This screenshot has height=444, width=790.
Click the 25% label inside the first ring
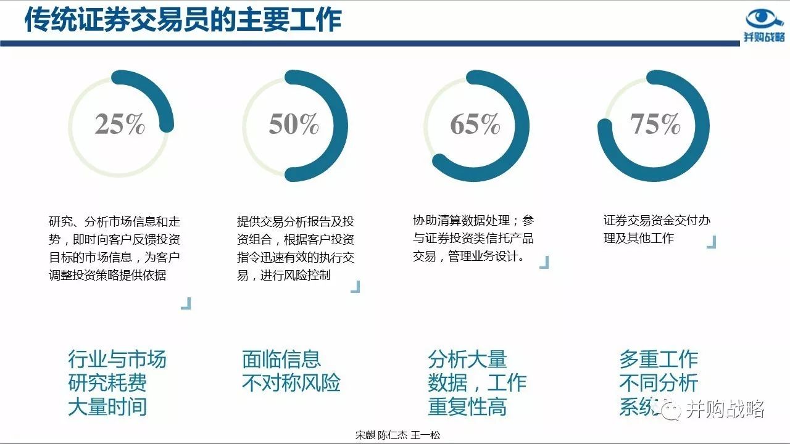click(120, 124)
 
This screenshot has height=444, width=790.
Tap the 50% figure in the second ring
click(294, 124)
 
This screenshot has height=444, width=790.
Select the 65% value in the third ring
click(475, 124)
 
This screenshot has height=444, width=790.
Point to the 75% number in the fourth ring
click(655, 124)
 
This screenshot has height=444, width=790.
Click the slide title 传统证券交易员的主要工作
click(183, 20)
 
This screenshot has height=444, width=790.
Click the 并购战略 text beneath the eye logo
click(764, 36)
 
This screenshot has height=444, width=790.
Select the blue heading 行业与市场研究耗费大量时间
click(117, 383)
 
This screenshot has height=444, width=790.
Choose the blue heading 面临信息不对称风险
click(291, 371)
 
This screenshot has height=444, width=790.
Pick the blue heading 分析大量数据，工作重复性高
click(477, 383)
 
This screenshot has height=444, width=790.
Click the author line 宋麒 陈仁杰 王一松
click(397, 435)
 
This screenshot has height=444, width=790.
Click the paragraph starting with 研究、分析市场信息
click(115, 248)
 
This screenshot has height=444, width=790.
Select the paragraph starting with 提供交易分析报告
click(296, 248)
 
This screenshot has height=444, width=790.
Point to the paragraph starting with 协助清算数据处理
click(473, 238)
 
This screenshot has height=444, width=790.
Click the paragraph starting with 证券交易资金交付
click(657, 229)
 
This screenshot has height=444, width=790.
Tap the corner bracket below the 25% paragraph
click(186, 303)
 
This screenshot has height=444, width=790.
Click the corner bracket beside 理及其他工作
click(712, 242)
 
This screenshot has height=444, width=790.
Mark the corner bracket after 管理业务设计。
click(544, 263)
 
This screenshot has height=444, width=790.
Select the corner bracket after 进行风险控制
click(355, 287)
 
